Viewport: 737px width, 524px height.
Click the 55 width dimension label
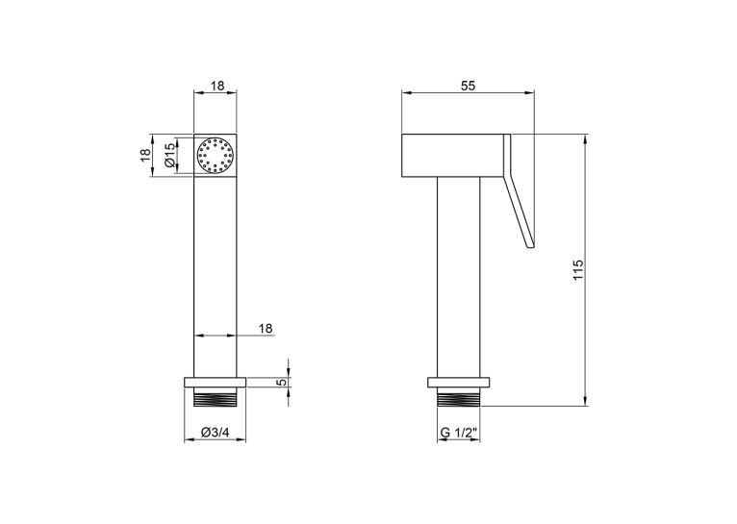tap(469, 86)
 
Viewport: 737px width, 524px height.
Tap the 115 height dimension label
tap(577, 270)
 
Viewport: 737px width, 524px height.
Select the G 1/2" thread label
tap(459, 433)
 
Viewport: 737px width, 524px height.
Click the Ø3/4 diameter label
tap(215, 433)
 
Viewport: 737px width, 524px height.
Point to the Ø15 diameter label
tap(169, 156)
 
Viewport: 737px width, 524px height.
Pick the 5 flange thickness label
tap(282, 383)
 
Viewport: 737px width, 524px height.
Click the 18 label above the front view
tap(217, 86)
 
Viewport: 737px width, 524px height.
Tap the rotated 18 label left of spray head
tap(145, 155)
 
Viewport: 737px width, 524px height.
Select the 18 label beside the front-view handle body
tap(266, 328)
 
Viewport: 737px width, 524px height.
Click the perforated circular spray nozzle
tap(216, 156)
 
